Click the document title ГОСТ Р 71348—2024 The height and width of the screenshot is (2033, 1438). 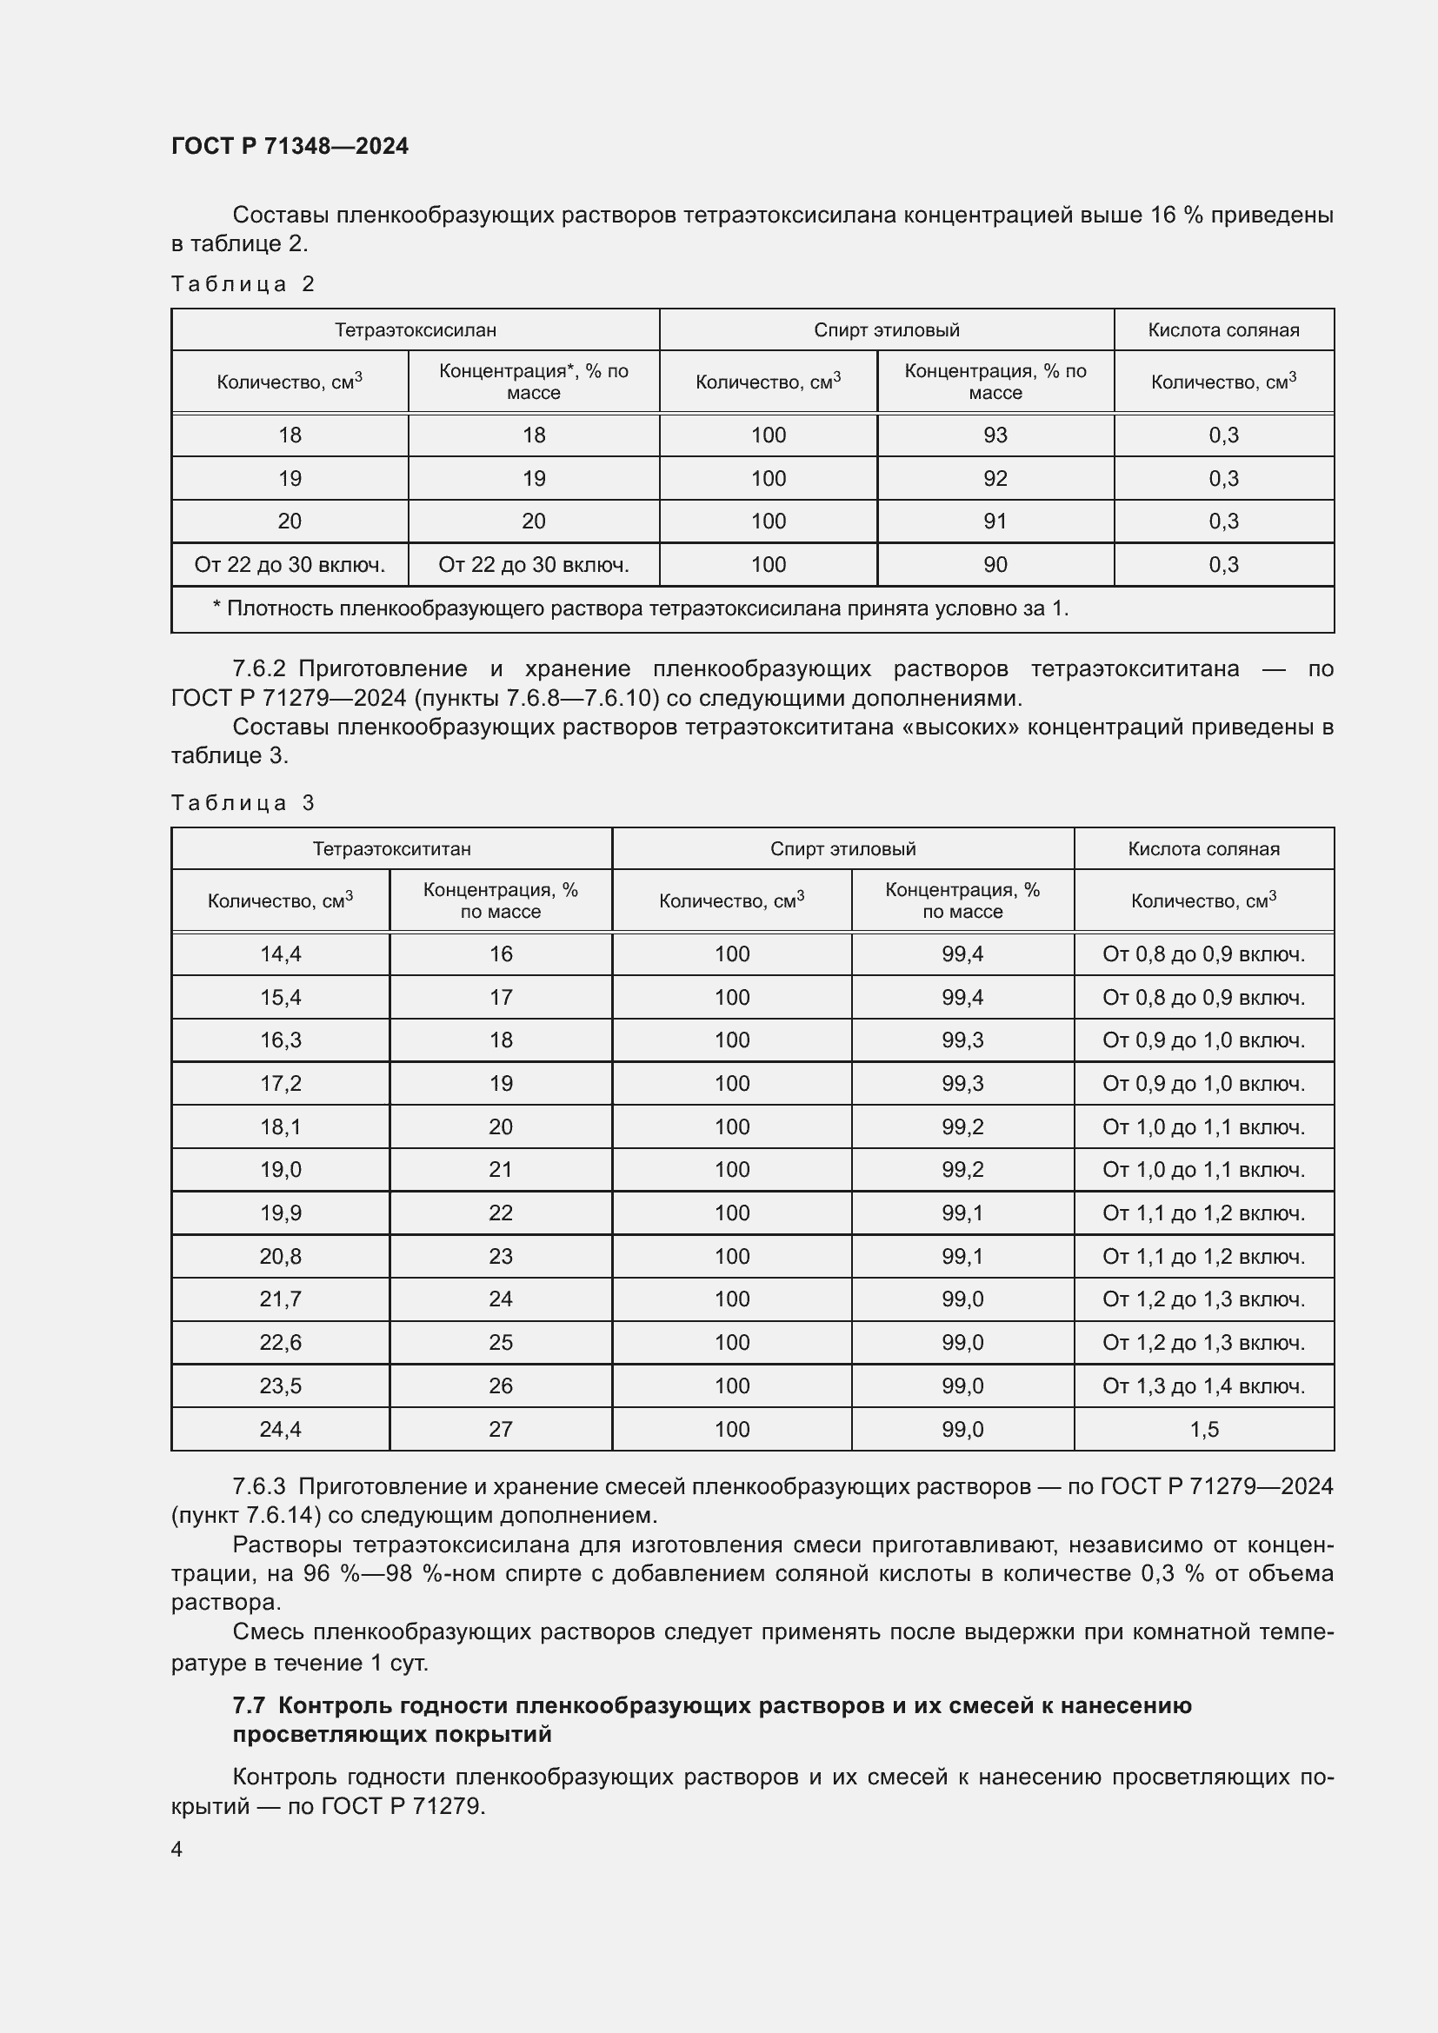[290, 146]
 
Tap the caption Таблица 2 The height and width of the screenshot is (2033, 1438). [243, 284]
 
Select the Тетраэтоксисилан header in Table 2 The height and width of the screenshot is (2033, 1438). [415, 330]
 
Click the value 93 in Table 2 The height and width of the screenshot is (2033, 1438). [995, 435]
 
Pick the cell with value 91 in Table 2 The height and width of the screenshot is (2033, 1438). [995, 522]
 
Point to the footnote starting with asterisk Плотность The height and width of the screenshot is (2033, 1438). [640, 609]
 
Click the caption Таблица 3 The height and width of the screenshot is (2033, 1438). [243, 803]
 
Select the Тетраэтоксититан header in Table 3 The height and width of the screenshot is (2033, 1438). [391, 849]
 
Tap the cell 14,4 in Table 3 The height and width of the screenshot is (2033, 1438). [280, 954]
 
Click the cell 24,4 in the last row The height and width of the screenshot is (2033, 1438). [280, 1429]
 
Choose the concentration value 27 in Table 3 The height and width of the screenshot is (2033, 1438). [500, 1429]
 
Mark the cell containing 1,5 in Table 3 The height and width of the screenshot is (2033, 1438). [1203, 1429]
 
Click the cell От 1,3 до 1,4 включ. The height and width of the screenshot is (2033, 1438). [1203, 1385]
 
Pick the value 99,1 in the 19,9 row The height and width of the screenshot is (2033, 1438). [962, 1213]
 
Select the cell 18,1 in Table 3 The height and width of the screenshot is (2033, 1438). [280, 1127]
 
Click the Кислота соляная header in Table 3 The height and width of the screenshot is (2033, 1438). [1203, 849]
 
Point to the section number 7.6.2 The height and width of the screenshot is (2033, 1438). [258, 669]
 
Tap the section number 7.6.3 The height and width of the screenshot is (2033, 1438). [258, 1486]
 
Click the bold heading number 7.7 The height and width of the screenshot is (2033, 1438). [249, 1706]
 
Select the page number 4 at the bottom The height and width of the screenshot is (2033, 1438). [177, 1850]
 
